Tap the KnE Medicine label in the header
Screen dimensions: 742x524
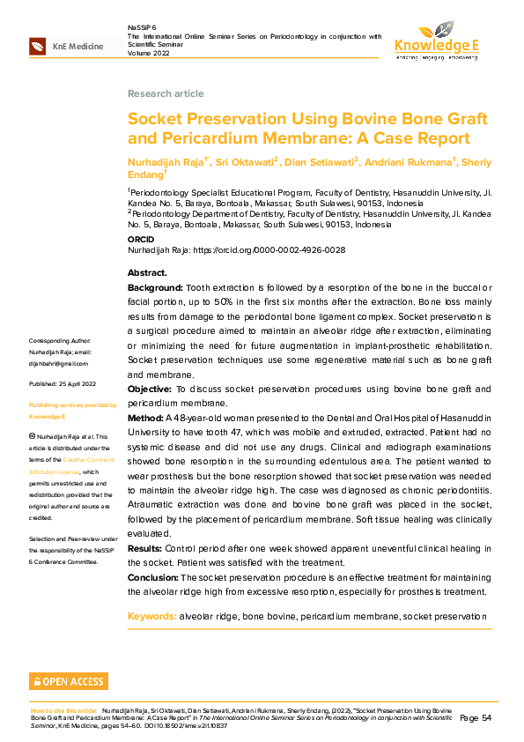[x=77, y=47]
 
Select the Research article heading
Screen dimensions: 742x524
[x=166, y=93]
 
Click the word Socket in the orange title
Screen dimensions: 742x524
[x=153, y=119]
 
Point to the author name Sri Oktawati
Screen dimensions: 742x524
[x=249, y=162]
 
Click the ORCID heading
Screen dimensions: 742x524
[x=141, y=239]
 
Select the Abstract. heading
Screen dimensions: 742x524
[x=147, y=272]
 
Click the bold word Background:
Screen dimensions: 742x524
[x=155, y=287]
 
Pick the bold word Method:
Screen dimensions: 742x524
[x=145, y=417]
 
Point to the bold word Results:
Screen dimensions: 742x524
[x=145, y=548]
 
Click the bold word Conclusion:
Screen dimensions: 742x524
[x=153, y=576]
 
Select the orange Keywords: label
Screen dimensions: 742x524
[x=151, y=616]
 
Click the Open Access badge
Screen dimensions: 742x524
[x=69, y=681]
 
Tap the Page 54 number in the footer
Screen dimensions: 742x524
[x=481, y=718]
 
